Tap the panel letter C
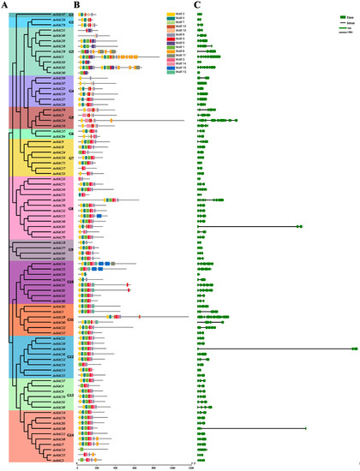(x=199, y=5)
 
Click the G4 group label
(x=70, y=90)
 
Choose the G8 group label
(x=70, y=202)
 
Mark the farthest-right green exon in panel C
(x=354, y=349)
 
